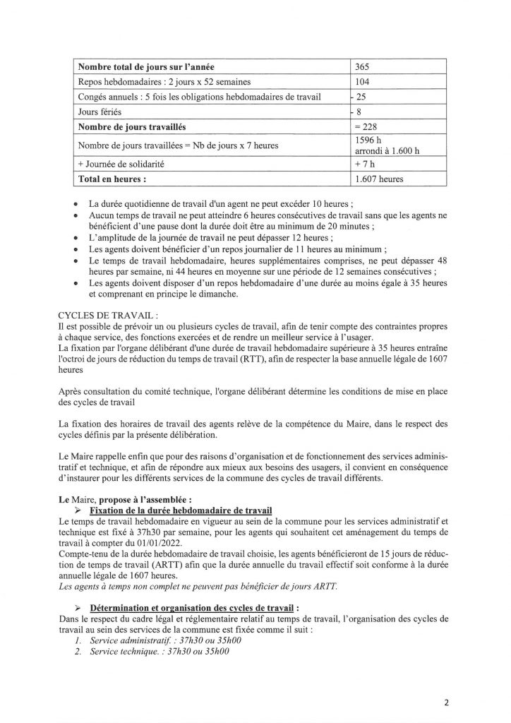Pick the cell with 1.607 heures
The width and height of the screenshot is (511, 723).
coord(380,179)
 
